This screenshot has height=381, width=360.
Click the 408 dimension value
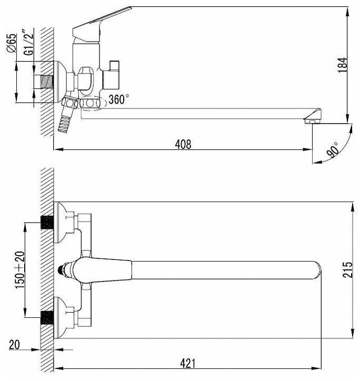click(x=183, y=144)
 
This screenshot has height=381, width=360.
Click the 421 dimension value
click(x=188, y=364)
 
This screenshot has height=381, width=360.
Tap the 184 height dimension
click(x=343, y=65)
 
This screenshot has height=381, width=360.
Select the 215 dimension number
click(x=347, y=269)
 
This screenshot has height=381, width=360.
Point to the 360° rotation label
click(x=118, y=99)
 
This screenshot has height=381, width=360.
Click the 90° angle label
click(x=333, y=151)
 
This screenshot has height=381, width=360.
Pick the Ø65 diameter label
click(x=12, y=43)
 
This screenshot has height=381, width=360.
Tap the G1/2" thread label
click(x=28, y=42)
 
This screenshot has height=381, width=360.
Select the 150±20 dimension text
click(x=20, y=270)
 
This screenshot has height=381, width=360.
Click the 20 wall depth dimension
click(x=14, y=344)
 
